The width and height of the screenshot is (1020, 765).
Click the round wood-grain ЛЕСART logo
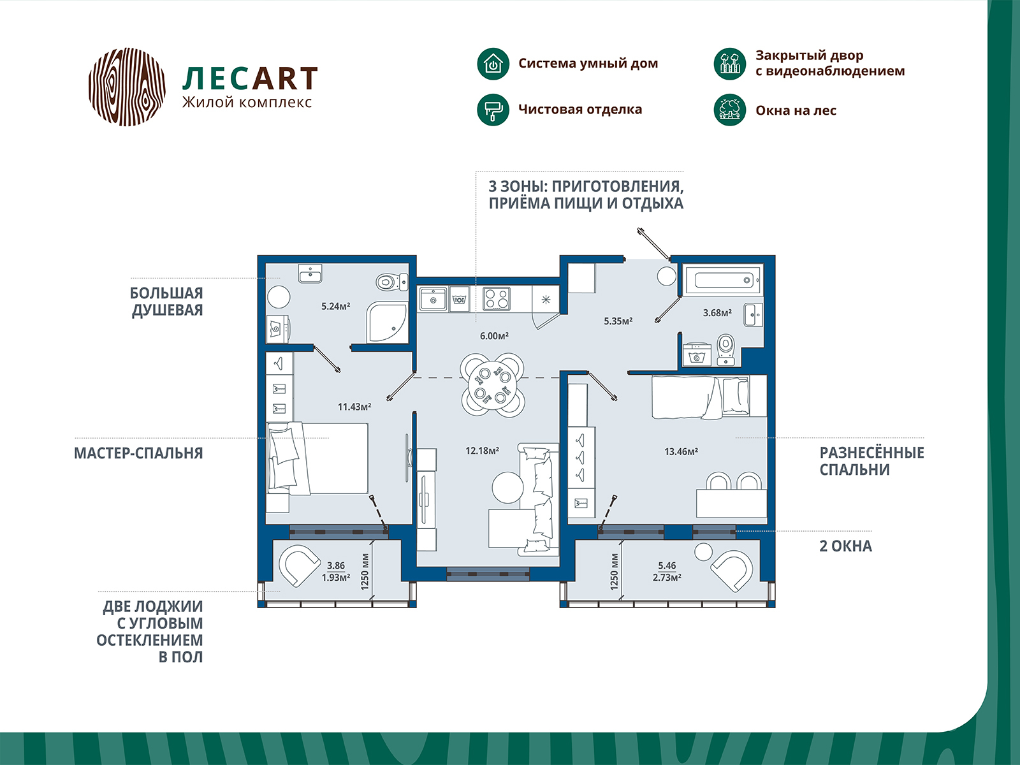(x=127, y=86)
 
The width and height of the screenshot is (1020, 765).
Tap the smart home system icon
(x=493, y=64)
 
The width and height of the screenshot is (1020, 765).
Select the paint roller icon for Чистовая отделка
(x=493, y=110)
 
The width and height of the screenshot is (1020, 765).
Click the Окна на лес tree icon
(x=729, y=110)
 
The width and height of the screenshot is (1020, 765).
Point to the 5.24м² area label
(x=335, y=307)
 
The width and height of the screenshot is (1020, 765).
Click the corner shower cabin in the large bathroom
(x=386, y=323)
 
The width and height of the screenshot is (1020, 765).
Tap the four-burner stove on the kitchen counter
(x=497, y=298)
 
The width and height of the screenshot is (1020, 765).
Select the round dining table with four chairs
(x=493, y=385)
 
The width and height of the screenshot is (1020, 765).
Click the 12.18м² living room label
(x=482, y=451)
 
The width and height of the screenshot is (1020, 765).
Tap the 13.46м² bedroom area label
(x=681, y=452)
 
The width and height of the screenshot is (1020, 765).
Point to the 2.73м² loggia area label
(x=667, y=578)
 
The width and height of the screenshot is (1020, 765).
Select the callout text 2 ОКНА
(x=845, y=546)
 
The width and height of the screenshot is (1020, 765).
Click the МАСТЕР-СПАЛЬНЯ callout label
(x=138, y=453)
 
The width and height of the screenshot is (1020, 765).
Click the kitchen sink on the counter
(x=433, y=299)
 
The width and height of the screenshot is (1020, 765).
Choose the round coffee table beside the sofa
(x=508, y=487)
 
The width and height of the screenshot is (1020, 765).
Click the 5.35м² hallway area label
(x=618, y=321)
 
